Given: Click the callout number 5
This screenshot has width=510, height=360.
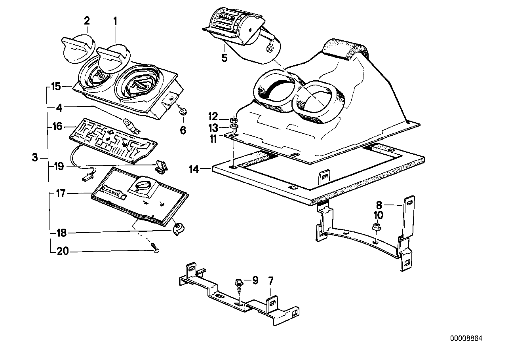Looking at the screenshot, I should pos(224,58).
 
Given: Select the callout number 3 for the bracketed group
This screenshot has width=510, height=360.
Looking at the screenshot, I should pos(35,158).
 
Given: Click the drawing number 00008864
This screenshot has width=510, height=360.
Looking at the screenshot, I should pos(466,339).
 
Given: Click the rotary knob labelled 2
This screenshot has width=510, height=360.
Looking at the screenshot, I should pos(78,48).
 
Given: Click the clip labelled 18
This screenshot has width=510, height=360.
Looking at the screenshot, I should pos(178,229).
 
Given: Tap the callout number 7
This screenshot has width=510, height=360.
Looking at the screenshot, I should pos(271,281).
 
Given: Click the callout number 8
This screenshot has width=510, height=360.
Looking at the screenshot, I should pos(379,205).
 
